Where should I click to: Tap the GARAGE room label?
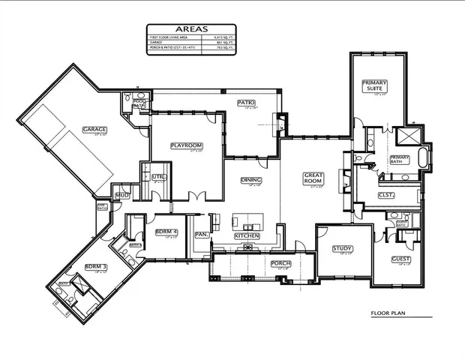(94, 129)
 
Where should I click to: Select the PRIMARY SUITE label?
(373, 85)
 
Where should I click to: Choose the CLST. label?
(386, 194)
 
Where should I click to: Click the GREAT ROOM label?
(313, 178)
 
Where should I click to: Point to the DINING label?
(250, 180)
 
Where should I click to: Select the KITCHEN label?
(247, 235)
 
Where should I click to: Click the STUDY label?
(343, 248)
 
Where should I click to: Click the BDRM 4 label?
(166, 232)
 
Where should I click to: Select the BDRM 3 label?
(95, 266)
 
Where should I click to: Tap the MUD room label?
(120, 196)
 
